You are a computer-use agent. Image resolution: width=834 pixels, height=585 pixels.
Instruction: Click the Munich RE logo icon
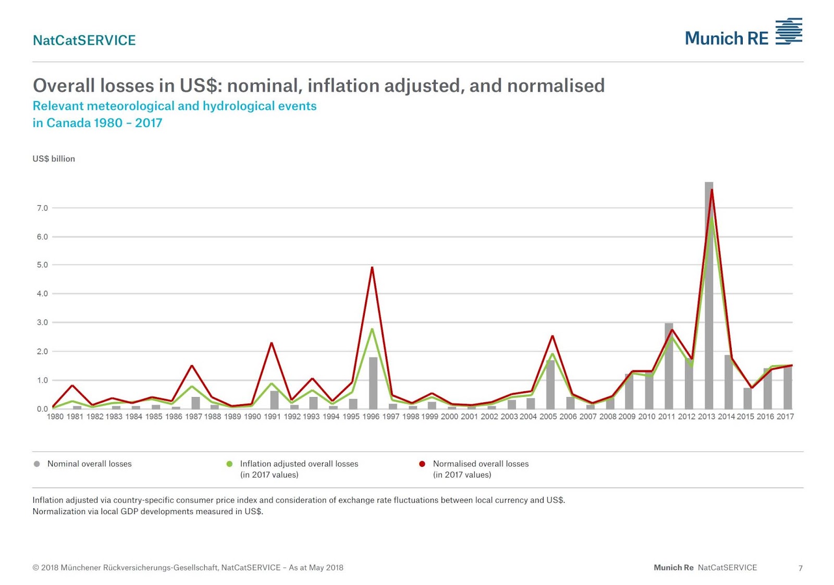789,31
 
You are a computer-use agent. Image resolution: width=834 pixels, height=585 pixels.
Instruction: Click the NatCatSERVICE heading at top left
84,40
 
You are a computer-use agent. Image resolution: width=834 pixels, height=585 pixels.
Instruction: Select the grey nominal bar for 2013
709,297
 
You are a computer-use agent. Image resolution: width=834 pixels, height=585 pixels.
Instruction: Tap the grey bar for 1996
373,383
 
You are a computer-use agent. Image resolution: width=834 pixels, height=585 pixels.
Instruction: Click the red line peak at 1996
372,267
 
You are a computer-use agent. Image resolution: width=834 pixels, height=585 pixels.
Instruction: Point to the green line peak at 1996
372,329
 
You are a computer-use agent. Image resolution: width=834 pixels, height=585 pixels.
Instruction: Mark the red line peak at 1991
272,343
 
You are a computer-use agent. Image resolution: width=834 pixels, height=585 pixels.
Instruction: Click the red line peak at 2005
552,336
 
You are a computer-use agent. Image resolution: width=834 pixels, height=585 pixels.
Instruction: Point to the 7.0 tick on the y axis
42,208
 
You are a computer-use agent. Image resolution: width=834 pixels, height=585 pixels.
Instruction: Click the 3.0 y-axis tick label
42,322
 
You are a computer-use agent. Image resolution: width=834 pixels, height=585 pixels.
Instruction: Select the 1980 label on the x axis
55,417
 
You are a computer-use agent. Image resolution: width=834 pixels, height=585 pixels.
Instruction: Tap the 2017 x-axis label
785,417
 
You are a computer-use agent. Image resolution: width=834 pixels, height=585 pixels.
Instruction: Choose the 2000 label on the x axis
449,417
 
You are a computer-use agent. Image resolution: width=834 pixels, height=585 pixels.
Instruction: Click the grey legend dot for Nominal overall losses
36,464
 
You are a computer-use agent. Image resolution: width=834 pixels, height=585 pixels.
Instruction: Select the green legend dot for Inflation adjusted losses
229,464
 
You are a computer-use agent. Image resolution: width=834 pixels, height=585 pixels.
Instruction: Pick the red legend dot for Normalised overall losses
422,464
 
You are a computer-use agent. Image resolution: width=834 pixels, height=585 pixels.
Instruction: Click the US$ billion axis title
54,159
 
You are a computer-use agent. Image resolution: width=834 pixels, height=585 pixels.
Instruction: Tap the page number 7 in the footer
801,568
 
